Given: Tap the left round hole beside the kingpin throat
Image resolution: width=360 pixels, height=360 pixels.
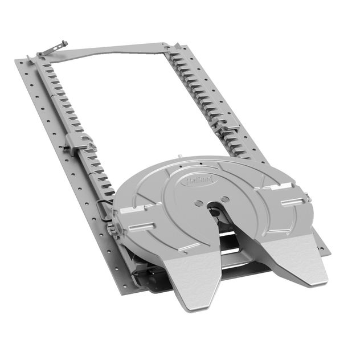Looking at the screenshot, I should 197,203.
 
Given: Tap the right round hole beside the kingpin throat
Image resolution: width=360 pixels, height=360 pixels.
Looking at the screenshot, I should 225,199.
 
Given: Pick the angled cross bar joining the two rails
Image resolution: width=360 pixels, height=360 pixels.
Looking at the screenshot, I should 108,51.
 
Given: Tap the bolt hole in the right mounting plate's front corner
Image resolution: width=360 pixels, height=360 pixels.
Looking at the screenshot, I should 324,249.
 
